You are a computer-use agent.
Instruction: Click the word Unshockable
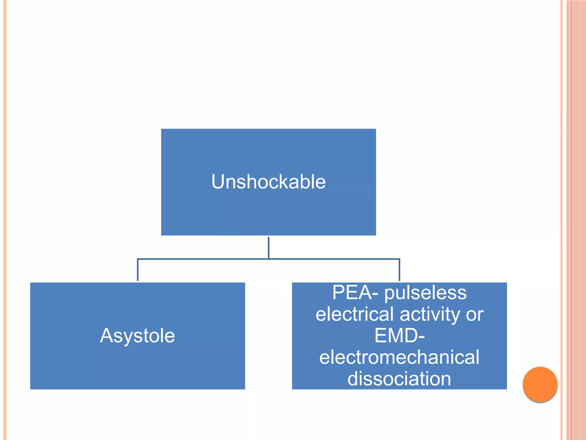pos(268,182)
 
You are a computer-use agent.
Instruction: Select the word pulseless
pos(425,293)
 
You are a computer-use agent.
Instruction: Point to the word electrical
pos(355,314)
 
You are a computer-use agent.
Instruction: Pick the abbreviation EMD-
pos(399,335)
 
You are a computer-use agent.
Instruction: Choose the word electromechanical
pos(399,357)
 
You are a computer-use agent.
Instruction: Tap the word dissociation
pos(399,379)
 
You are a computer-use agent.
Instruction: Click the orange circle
pos(540,384)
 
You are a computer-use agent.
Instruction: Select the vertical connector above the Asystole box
pos(138,270)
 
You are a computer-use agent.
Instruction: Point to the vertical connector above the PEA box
pos(399,270)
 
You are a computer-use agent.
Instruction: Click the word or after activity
pos(475,314)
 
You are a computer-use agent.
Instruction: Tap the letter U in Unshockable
pos(218,182)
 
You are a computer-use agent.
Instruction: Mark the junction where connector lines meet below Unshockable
pos(268,259)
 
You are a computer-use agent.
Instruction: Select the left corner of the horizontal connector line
pos(138,259)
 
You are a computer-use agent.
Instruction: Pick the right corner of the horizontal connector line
pos(399,259)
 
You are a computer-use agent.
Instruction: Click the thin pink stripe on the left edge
pos(5,220)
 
